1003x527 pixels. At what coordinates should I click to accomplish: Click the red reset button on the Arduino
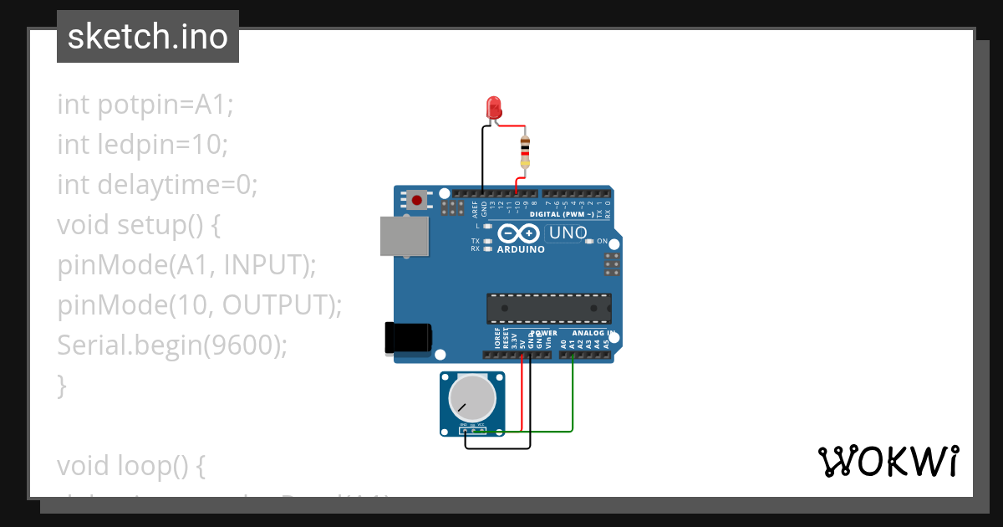pyautogui.click(x=416, y=200)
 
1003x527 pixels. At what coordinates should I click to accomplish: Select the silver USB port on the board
pyautogui.click(x=405, y=237)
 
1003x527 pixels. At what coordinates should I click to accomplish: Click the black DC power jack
pyautogui.click(x=407, y=336)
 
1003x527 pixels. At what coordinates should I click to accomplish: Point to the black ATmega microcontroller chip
pyautogui.click(x=549, y=308)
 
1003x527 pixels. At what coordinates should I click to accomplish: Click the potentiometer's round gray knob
pyautogui.click(x=471, y=397)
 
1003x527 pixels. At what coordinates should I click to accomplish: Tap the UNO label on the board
pyautogui.click(x=568, y=233)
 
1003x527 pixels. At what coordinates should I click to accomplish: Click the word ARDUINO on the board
pyautogui.click(x=521, y=249)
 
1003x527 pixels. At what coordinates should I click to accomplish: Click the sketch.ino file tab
pyautogui.click(x=148, y=37)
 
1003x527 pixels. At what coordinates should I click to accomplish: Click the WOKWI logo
pyautogui.click(x=888, y=461)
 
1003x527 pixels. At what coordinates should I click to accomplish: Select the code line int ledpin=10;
pyautogui.click(x=142, y=144)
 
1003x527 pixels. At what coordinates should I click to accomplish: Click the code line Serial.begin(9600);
pyautogui.click(x=171, y=345)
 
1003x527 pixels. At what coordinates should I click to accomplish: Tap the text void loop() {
pyautogui.click(x=131, y=465)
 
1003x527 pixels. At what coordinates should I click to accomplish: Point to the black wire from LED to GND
pyautogui.click(x=483, y=159)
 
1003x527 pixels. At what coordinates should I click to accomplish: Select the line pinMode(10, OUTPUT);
pyautogui.click(x=200, y=304)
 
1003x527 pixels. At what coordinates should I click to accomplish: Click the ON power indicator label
pyautogui.click(x=602, y=241)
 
